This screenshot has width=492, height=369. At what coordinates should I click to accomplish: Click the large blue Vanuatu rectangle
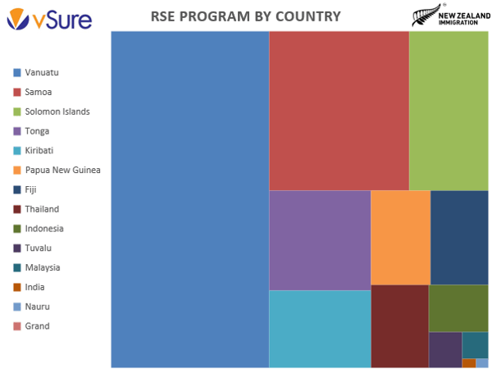click(189, 199)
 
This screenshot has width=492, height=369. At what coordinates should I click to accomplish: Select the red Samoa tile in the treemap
click(339, 111)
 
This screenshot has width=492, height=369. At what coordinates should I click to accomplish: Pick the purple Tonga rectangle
click(320, 240)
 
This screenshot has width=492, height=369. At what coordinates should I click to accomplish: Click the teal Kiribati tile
click(320, 329)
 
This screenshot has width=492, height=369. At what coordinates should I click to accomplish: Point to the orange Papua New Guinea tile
click(400, 237)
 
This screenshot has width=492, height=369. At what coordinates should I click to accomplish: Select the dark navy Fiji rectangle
click(459, 237)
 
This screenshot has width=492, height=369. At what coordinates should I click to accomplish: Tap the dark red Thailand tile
click(400, 326)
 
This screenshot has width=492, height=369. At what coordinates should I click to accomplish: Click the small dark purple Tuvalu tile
click(445, 349)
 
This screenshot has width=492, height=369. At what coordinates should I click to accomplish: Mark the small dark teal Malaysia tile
click(475, 344)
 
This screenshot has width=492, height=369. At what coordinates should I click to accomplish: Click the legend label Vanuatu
click(42, 73)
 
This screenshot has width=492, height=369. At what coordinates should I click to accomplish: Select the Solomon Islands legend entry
click(57, 112)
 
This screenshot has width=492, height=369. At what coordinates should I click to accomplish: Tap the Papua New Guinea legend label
click(62, 170)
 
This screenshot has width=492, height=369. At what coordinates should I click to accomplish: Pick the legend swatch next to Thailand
click(17, 209)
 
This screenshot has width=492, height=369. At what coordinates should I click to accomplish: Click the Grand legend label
click(37, 326)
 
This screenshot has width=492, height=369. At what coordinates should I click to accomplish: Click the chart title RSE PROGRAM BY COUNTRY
click(246, 16)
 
